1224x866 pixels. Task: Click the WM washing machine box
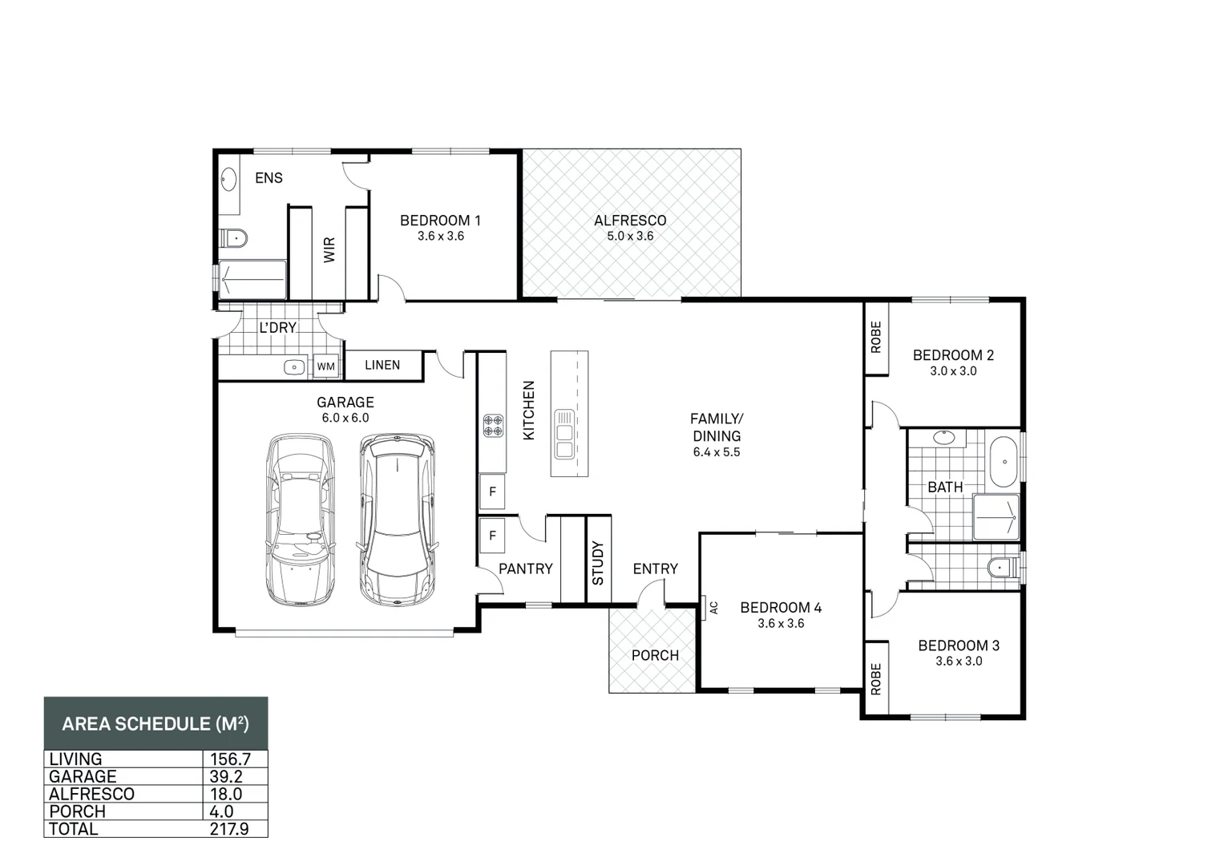[326, 366]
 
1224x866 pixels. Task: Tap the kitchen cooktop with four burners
[494, 426]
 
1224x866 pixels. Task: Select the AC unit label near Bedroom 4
[713, 608]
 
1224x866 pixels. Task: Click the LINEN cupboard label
[382, 365]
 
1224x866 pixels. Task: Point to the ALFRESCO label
[630, 221]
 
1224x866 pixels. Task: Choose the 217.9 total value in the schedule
[229, 829]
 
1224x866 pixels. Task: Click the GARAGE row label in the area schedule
[83, 776]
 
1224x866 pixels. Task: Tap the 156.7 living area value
[231, 759]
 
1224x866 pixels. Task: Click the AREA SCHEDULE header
[156, 723]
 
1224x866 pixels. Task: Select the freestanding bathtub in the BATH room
[1004, 461]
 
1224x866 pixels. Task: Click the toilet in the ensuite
[234, 238]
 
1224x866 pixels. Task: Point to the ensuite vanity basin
[228, 180]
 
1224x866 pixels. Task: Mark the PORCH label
[655, 655]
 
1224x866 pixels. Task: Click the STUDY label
[598, 563]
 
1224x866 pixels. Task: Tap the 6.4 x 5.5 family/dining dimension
[717, 452]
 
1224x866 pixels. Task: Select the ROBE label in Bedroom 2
[876, 337]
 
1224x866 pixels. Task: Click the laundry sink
[294, 366]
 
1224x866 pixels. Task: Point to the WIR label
[329, 250]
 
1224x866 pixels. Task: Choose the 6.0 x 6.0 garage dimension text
[345, 418]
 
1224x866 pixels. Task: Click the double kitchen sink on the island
[565, 434]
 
